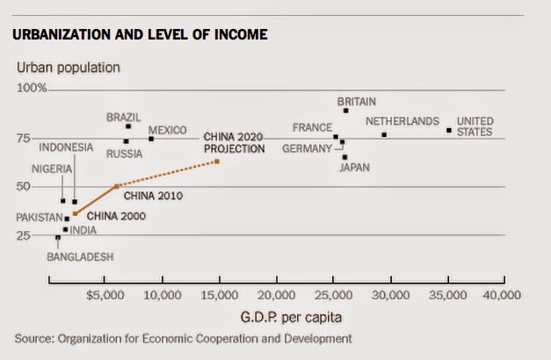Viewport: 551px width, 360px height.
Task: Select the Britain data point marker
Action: coord(346,111)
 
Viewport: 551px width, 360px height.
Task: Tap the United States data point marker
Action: coord(449,130)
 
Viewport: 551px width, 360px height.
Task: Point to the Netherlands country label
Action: coord(402,121)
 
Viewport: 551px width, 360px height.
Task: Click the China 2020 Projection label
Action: coord(234,143)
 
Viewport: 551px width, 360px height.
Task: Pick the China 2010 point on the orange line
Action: coord(117,186)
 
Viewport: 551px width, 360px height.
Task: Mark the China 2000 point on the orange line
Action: coord(75,213)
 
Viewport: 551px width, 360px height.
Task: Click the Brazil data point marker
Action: coord(128,126)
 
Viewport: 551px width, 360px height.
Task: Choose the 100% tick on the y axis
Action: coord(32,89)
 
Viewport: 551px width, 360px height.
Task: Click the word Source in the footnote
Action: coord(33,337)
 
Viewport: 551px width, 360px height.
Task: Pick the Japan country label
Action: coord(355,169)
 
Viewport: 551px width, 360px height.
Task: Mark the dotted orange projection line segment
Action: coord(167,174)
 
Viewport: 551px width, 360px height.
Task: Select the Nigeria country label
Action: coord(52,169)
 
